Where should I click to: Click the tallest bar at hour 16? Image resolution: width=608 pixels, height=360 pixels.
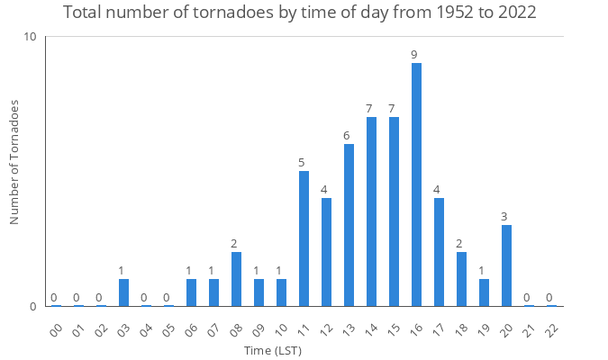pyautogui.click(x=416, y=184)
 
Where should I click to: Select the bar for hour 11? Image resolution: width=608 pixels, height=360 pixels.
pyautogui.click(x=304, y=238)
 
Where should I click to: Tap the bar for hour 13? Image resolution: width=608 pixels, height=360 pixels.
pyautogui.click(x=349, y=225)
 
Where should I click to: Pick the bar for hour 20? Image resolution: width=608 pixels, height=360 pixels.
pyautogui.click(x=506, y=265)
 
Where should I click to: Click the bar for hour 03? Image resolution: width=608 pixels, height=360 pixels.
pyautogui.click(x=123, y=292)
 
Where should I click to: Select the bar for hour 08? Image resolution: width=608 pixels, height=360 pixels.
pyautogui.click(x=236, y=279)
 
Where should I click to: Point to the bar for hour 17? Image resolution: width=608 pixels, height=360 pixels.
pyautogui.click(x=439, y=252)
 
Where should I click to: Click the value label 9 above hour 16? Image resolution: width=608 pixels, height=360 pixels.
pyautogui.click(x=414, y=55)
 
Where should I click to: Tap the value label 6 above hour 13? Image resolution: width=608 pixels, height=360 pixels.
pyautogui.click(x=346, y=136)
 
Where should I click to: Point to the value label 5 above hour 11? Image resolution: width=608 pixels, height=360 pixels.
pyautogui.click(x=302, y=163)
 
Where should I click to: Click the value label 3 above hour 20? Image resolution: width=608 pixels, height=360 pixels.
pyautogui.click(x=504, y=217)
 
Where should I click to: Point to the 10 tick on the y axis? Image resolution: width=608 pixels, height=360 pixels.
pyautogui.click(x=31, y=37)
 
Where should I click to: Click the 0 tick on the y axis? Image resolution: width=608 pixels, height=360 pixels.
pyautogui.click(x=33, y=307)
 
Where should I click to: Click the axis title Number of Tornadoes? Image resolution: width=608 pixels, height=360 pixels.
pyautogui.click(x=14, y=162)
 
